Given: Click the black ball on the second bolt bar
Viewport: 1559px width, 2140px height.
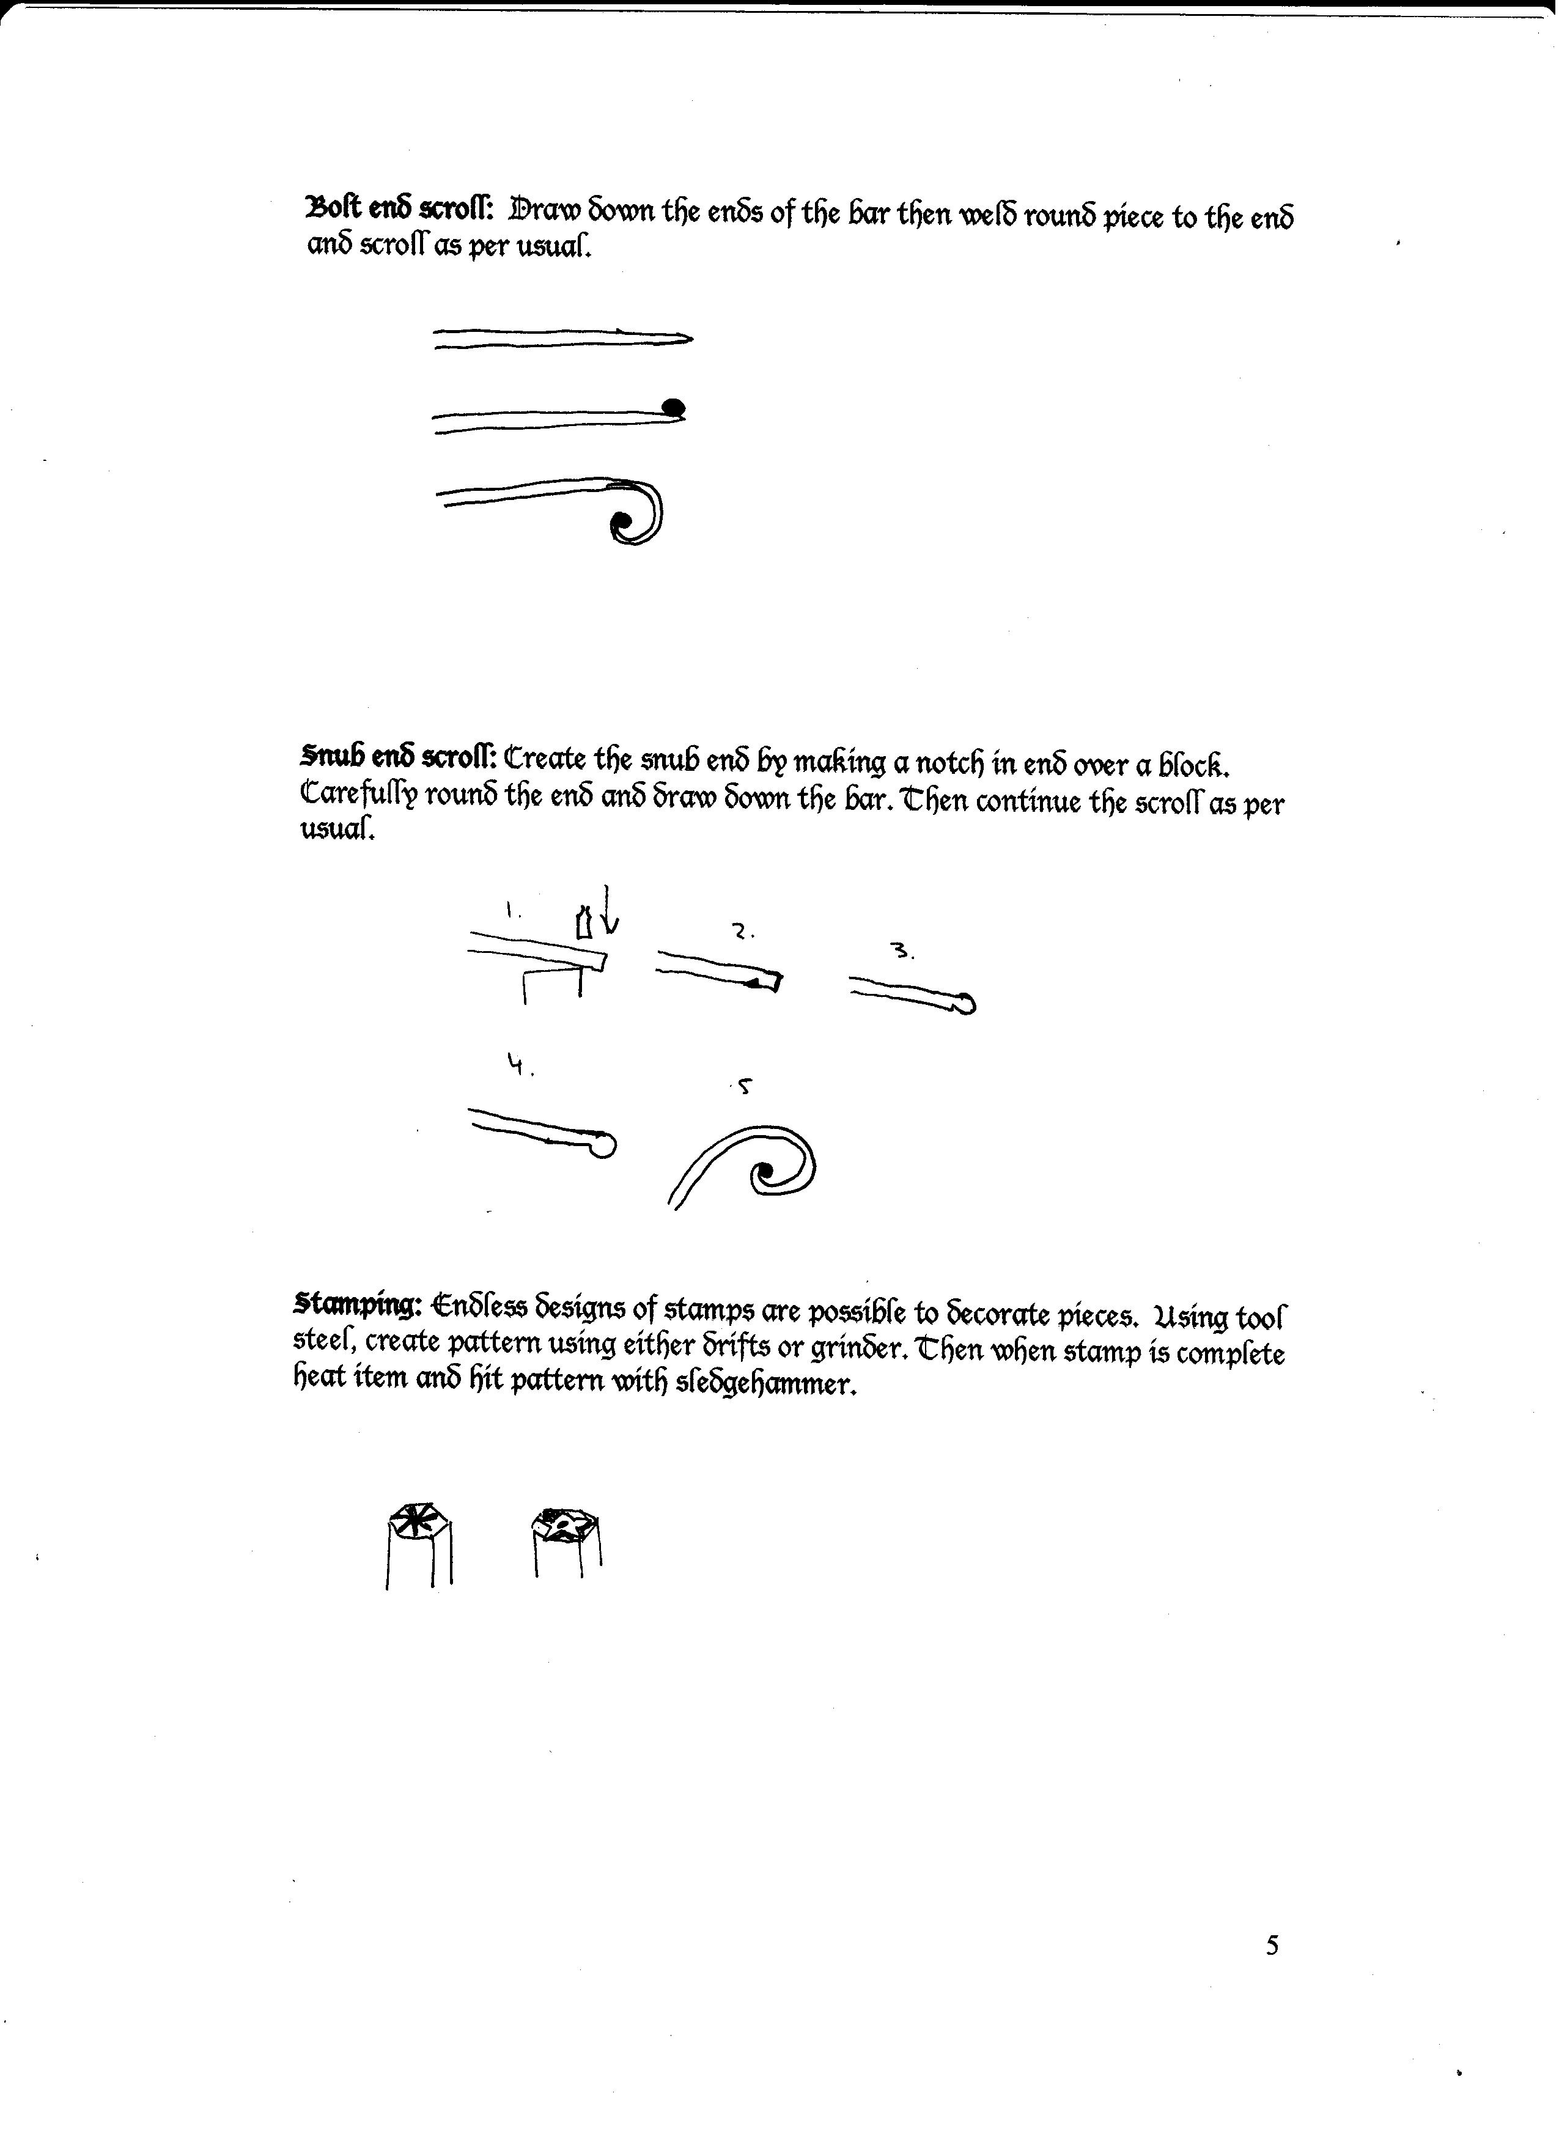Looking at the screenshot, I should click(674, 408).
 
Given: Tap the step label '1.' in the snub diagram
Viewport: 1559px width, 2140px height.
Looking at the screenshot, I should click(510, 911).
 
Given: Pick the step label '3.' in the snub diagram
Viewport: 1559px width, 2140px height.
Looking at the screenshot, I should click(903, 952).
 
